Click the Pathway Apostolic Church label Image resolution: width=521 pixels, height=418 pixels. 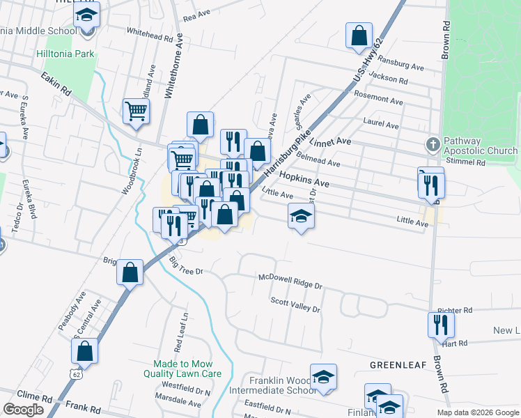coord(481,145)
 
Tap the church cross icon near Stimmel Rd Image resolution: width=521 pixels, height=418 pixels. coord(433,145)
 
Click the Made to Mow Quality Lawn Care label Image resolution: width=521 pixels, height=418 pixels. coord(187,369)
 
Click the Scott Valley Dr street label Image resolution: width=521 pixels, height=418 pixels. coord(295,304)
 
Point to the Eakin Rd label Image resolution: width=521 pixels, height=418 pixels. coord(56,84)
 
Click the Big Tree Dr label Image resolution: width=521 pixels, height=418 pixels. coord(185,265)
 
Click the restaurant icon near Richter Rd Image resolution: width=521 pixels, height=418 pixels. coord(441,324)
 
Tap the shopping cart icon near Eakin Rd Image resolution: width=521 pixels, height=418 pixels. coord(136,110)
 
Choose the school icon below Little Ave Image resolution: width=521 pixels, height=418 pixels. coord(301,217)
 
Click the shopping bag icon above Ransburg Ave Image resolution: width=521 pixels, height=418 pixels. coord(359,35)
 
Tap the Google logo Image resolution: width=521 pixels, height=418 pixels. coord(23,410)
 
